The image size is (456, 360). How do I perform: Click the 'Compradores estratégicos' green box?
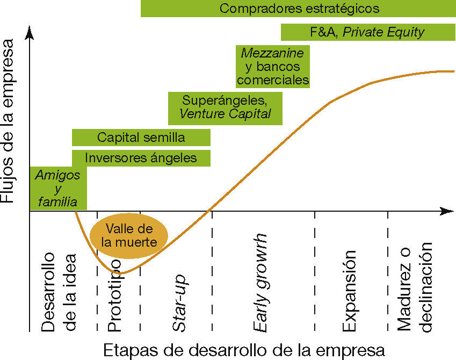pos(298,9)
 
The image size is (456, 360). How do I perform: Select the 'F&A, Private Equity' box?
pos(368,32)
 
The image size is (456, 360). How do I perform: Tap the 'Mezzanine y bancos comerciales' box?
pos(273,67)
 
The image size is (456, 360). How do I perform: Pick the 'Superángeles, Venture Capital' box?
pos(225,107)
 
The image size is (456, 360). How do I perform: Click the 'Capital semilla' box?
pos(141,138)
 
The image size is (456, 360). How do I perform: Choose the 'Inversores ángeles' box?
pos(141,158)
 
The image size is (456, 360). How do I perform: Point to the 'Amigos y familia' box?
pos(57,188)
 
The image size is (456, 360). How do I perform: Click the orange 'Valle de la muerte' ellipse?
pos(129,235)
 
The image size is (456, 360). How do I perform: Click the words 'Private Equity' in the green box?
pos(383,32)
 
